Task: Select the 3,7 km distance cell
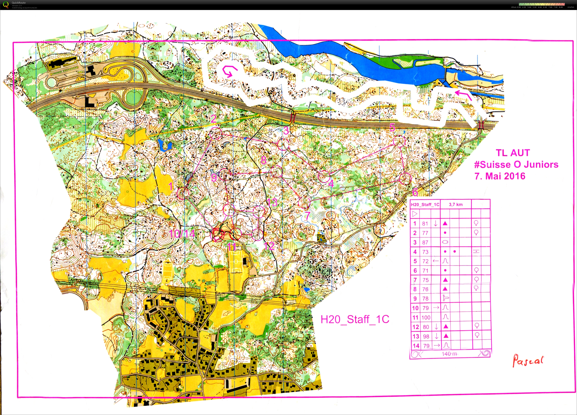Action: [456, 204]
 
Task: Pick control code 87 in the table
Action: [425, 242]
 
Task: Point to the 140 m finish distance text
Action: [449, 354]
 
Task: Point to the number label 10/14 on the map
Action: [182, 234]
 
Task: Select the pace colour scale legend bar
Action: [541, 4]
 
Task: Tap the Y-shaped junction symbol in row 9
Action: [446, 298]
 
